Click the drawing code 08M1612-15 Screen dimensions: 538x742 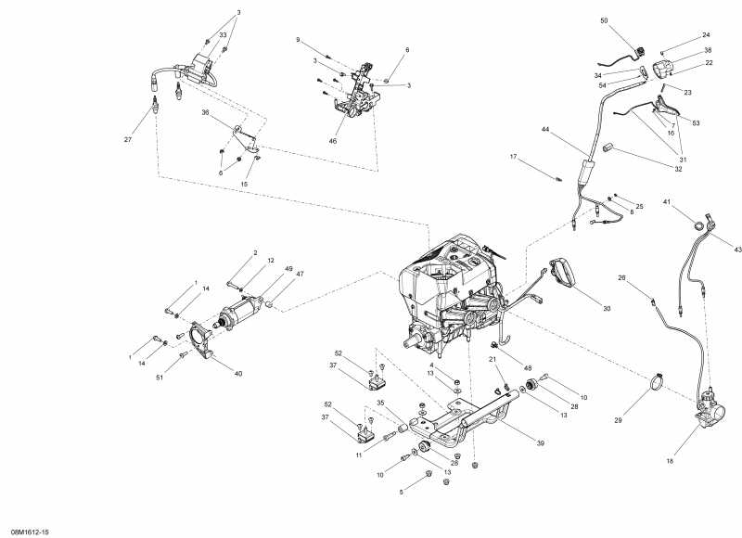[30, 532]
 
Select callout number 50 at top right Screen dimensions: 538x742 [604, 19]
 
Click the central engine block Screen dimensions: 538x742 [450, 288]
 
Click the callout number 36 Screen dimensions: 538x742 [205, 112]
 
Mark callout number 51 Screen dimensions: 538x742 [160, 377]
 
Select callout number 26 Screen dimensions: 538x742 [622, 276]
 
